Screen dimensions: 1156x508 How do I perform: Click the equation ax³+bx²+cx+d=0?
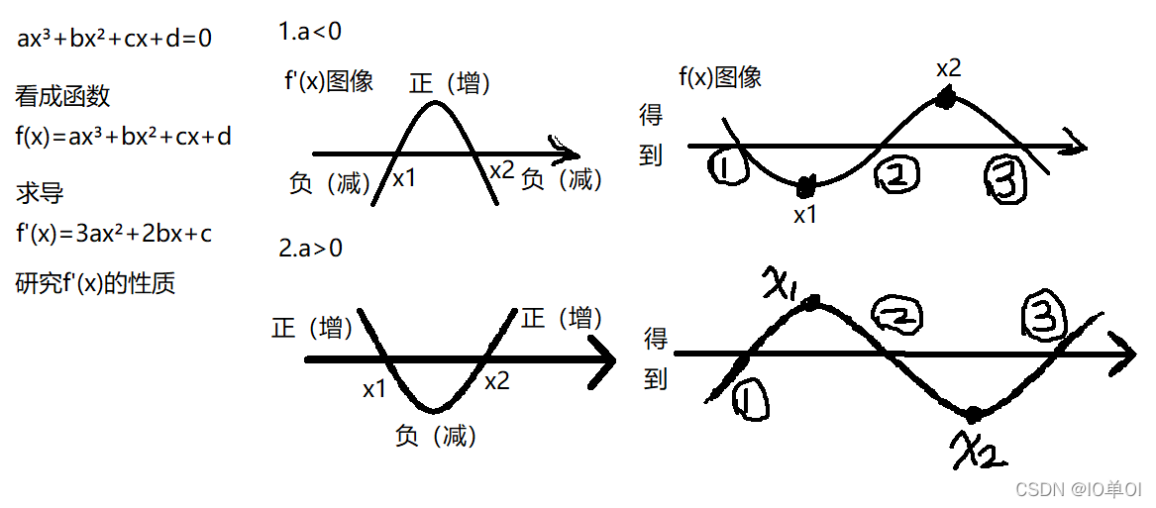[114, 40]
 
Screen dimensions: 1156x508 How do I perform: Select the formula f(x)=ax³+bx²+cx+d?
[123, 137]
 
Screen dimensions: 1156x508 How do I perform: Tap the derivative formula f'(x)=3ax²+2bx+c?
[114, 235]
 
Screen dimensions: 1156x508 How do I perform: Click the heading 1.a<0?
[310, 32]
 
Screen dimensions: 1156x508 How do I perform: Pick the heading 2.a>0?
[310, 249]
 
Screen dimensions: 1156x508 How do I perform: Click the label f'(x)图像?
[328, 82]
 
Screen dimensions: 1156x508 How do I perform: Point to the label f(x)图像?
[720, 77]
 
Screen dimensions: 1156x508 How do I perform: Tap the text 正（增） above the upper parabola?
[451, 83]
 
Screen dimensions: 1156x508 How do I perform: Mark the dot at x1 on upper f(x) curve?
[805, 184]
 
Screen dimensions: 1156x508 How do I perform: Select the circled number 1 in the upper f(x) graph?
[730, 168]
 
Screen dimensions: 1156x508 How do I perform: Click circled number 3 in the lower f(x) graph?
[1043, 319]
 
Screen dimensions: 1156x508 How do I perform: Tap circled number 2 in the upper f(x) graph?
[896, 176]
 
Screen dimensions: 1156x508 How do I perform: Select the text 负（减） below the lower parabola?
[436, 436]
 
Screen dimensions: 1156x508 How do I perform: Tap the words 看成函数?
[62, 96]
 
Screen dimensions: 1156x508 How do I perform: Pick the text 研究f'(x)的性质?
[95, 283]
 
